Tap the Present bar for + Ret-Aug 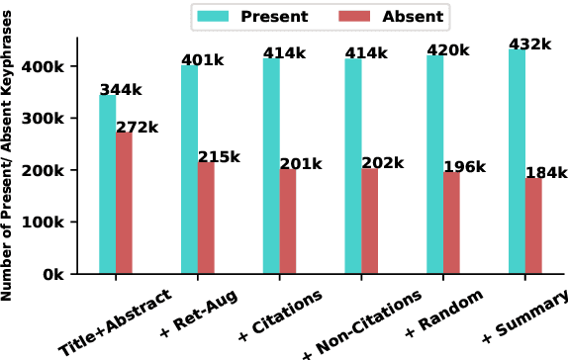(x=189, y=169)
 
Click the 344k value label (x=121, y=90)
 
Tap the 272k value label (x=137, y=128)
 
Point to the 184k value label (x=547, y=173)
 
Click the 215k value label (x=219, y=156)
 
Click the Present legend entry (x=253, y=16)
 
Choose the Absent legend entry (x=393, y=16)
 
